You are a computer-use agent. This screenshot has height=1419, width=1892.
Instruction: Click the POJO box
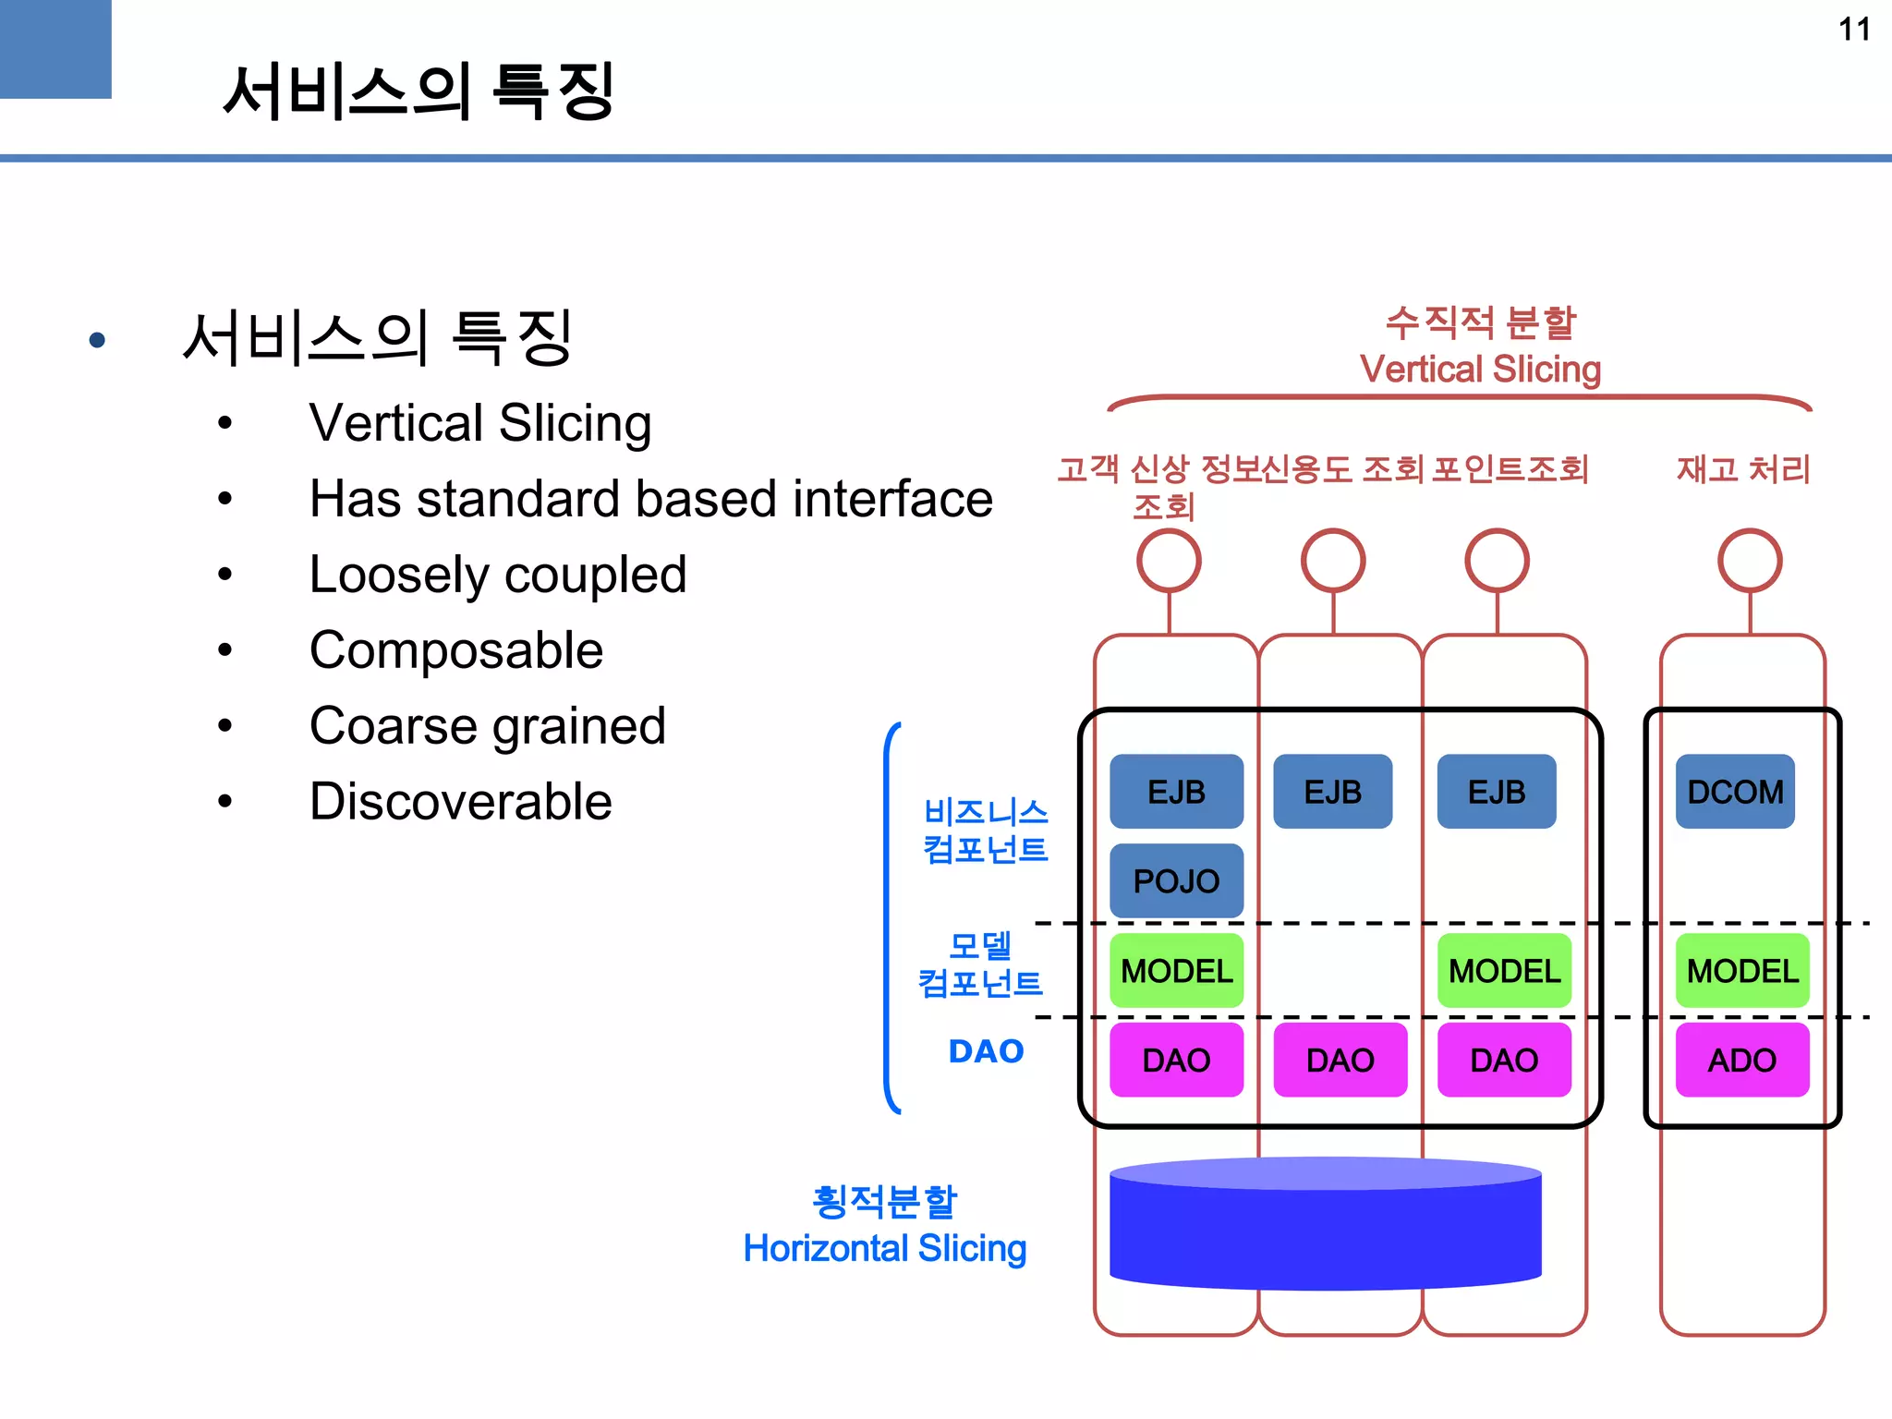[1176, 880]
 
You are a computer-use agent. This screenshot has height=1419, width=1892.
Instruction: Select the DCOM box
[1735, 792]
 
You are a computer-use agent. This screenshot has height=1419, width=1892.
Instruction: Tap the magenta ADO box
[1741, 1060]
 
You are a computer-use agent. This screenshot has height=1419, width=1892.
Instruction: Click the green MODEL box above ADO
[1741, 970]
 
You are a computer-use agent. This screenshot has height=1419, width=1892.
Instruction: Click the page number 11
[1853, 30]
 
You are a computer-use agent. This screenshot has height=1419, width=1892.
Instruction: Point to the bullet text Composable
[455, 649]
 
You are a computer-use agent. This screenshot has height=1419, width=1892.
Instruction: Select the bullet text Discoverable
[460, 801]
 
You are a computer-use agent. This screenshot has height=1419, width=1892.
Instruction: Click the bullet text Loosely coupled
[497, 574]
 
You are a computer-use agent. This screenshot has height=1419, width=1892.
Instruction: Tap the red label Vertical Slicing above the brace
[1480, 370]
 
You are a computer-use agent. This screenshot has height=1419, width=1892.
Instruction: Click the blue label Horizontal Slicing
[884, 1248]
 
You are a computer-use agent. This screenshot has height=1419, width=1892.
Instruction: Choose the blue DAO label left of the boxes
[986, 1051]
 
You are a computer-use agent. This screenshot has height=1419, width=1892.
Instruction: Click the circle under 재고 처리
[1749, 561]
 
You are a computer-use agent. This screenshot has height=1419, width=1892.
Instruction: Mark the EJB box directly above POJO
[1176, 792]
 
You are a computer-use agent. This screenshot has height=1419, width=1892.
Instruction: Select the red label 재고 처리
[1742, 469]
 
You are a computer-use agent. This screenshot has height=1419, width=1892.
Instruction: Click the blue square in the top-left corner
[55, 48]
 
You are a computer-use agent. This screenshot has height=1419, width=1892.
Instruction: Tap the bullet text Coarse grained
[487, 725]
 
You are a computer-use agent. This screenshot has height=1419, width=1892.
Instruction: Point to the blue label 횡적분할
[884, 1201]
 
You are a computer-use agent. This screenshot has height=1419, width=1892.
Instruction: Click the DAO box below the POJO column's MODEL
[1176, 1060]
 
